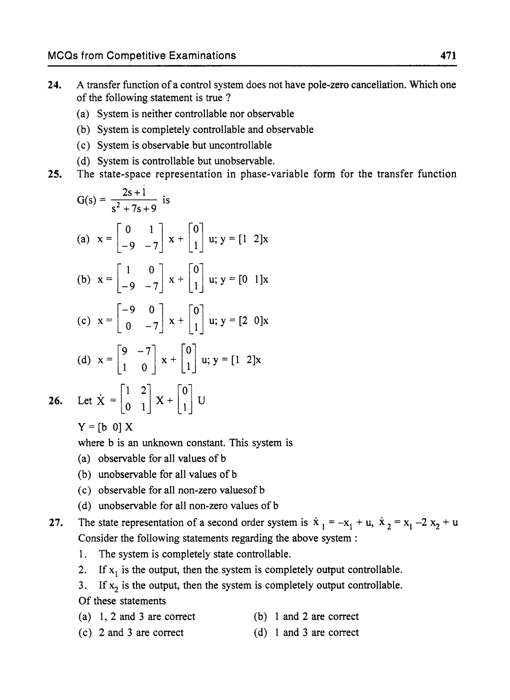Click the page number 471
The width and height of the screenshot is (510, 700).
(448, 56)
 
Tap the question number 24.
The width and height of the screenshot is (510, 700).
(55, 85)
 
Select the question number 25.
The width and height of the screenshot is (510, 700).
(55, 174)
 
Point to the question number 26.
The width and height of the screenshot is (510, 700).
(56, 401)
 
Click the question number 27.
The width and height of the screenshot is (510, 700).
(56, 523)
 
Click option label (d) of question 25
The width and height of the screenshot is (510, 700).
(84, 360)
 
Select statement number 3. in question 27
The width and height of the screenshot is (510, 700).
(82, 585)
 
